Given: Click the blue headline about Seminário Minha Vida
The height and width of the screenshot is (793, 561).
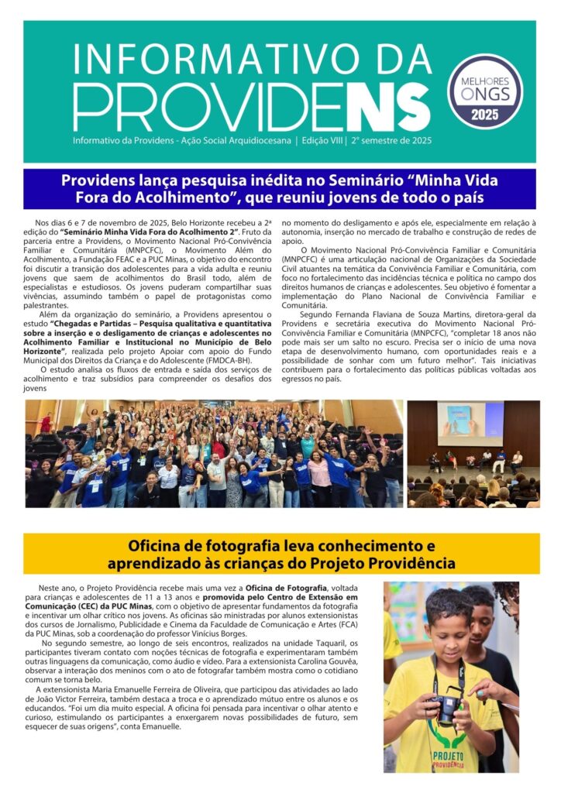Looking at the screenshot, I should tap(279, 189).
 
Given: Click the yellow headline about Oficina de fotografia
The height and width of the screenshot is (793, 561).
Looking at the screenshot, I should tap(280, 553).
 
